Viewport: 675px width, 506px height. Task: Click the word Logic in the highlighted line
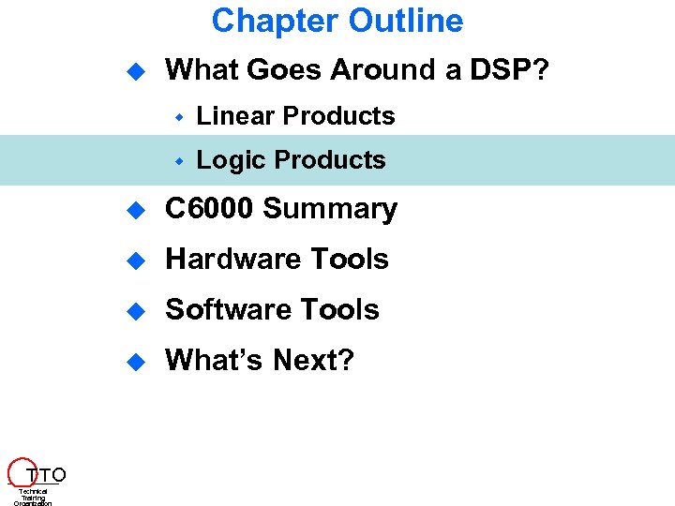coord(230,161)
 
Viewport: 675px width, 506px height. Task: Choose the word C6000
coord(209,209)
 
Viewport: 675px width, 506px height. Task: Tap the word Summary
coord(330,209)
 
